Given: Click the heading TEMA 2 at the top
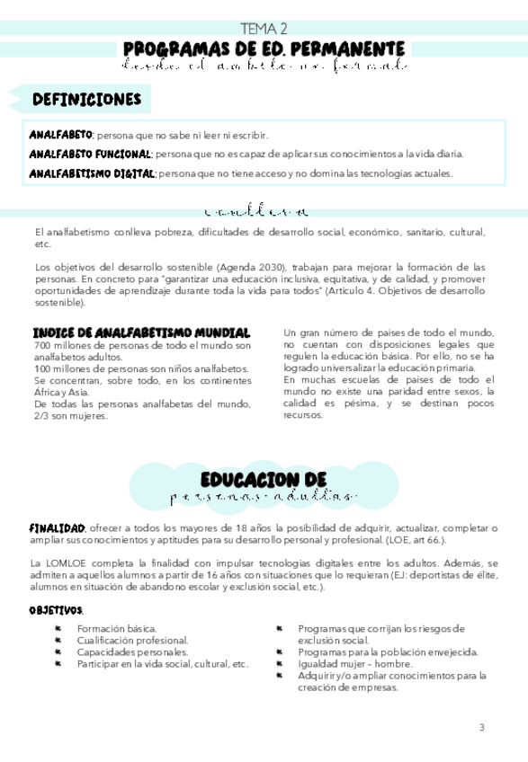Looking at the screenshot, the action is tap(264, 29).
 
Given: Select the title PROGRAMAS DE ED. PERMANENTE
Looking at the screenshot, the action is tap(264, 48).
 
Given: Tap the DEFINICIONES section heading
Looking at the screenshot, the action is tap(86, 99).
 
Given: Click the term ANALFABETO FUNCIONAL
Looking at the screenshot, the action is tap(92, 154).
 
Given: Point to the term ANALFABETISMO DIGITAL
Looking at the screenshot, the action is tap(92, 173).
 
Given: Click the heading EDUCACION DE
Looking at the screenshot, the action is tap(264, 478).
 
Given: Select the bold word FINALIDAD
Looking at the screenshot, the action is tap(58, 527).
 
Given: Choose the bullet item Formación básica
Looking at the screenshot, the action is tap(117, 628).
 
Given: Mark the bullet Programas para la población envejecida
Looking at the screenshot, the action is tap(388, 651).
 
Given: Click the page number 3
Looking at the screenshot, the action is tap(481, 727).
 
